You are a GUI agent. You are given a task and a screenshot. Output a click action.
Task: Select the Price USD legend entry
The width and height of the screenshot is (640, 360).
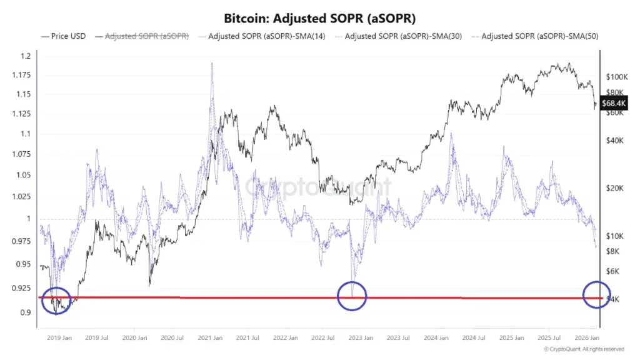click(x=64, y=37)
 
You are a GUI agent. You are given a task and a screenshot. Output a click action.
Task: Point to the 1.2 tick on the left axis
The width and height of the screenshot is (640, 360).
click(x=26, y=56)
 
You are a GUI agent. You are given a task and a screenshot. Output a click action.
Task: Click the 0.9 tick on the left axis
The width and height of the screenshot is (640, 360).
click(x=26, y=312)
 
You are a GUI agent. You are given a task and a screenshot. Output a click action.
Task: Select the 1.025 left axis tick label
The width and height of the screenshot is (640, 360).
click(x=22, y=196)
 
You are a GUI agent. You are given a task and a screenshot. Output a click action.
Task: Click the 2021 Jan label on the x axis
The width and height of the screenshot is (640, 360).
click(x=211, y=337)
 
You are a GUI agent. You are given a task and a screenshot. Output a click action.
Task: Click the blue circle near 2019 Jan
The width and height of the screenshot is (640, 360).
click(x=57, y=301)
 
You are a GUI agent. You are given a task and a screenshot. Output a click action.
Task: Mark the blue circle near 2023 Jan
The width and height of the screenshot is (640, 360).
click(x=352, y=296)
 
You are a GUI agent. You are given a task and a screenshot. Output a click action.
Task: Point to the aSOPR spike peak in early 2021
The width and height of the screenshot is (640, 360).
click(x=212, y=64)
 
